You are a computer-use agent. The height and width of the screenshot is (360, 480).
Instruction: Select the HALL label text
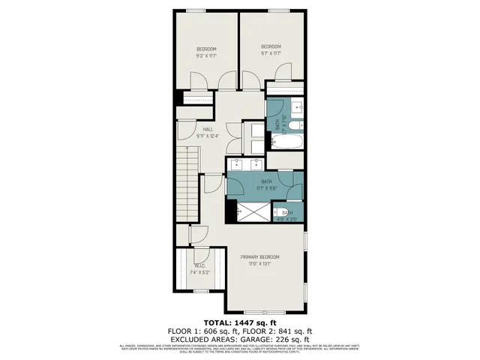[197, 128]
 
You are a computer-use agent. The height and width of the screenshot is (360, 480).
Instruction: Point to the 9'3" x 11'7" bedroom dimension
[206, 56]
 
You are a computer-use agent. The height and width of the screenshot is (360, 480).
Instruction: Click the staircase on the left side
[185, 180]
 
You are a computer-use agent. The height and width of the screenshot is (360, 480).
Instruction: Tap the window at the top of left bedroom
[197, 10]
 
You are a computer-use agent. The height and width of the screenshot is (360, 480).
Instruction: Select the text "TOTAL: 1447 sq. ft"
[239, 321]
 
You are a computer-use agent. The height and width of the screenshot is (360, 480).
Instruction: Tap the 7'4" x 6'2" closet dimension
[200, 273]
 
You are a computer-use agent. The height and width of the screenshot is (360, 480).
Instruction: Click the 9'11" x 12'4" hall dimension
[197, 136]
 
